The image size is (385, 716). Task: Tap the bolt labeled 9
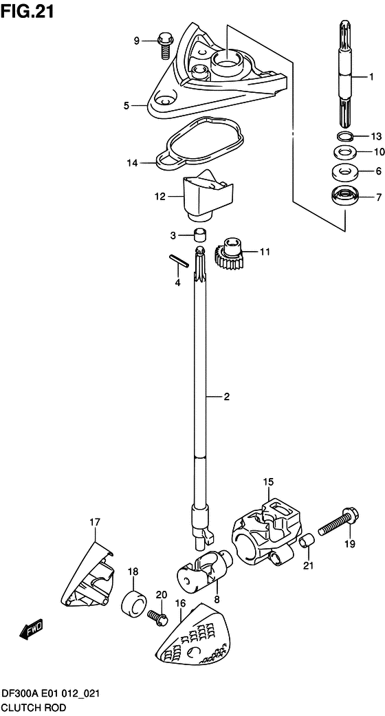point(164,45)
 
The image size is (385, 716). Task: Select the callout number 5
point(126,106)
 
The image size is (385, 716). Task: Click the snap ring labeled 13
point(345,135)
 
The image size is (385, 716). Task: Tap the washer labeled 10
point(345,151)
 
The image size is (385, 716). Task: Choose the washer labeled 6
point(344,172)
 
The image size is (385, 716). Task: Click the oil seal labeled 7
point(344,197)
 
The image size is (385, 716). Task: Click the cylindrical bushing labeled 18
point(133,603)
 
